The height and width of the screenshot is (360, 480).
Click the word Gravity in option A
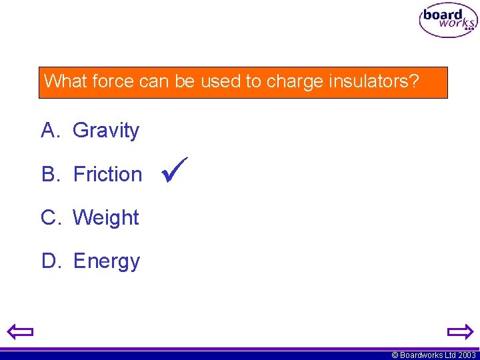[106, 130]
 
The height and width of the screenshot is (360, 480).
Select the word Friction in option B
[107, 174]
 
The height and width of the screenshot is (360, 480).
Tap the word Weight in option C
[106, 217]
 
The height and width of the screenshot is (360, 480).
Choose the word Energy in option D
[107, 261]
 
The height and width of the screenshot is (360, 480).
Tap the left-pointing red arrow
[21, 331]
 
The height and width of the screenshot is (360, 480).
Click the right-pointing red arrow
[459, 331]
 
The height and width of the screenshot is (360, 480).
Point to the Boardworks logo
[448, 21]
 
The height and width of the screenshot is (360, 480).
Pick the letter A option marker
[51, 130]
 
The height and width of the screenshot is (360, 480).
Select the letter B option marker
[51, 174]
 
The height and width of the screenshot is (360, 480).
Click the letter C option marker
[51, 217]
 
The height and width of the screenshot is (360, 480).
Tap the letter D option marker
[51, 261]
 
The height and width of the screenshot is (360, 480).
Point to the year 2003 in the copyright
[467, 355]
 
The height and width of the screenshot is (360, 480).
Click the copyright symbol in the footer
[395, 355]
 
